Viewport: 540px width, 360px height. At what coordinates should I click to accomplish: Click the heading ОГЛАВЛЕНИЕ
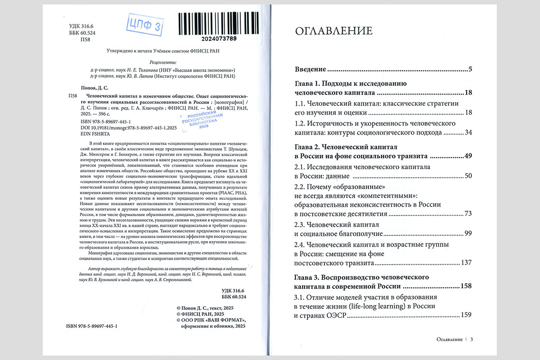pyautogui.click(x=333, y=31)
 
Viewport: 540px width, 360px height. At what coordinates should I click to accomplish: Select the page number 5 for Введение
pyautogui.click(x=470, y=69)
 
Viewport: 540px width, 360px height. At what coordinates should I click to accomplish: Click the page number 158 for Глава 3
pyautogui.click(x=465, y=286)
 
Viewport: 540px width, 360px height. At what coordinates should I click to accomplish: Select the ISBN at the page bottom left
pyautogui.click(x=94, y=325)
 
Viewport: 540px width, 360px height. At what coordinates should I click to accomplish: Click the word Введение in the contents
pyautogui.click(x=310, y=69)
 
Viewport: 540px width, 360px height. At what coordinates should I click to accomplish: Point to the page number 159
pyautogui.click(x=465, y=315)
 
